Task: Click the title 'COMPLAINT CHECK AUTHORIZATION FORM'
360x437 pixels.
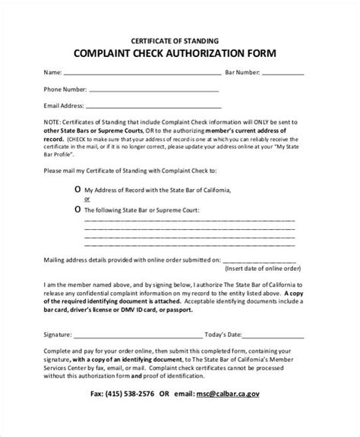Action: (180, 54)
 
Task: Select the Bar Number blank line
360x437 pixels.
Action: (283, 74)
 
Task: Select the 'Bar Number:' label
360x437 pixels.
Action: (242, 74)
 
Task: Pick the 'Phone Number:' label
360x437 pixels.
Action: (65, 89)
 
